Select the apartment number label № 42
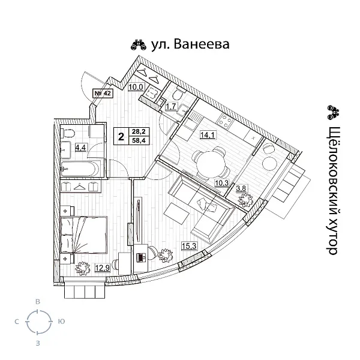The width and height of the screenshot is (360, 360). click(103, 93)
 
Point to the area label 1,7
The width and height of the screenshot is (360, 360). click(170, 107)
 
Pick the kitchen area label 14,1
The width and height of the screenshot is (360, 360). click(208, 135)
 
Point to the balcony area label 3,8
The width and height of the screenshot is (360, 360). click(242, 188)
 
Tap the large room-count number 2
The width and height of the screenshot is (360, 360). click(122, 136)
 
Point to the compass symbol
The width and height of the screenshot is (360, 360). click(38, 322)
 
